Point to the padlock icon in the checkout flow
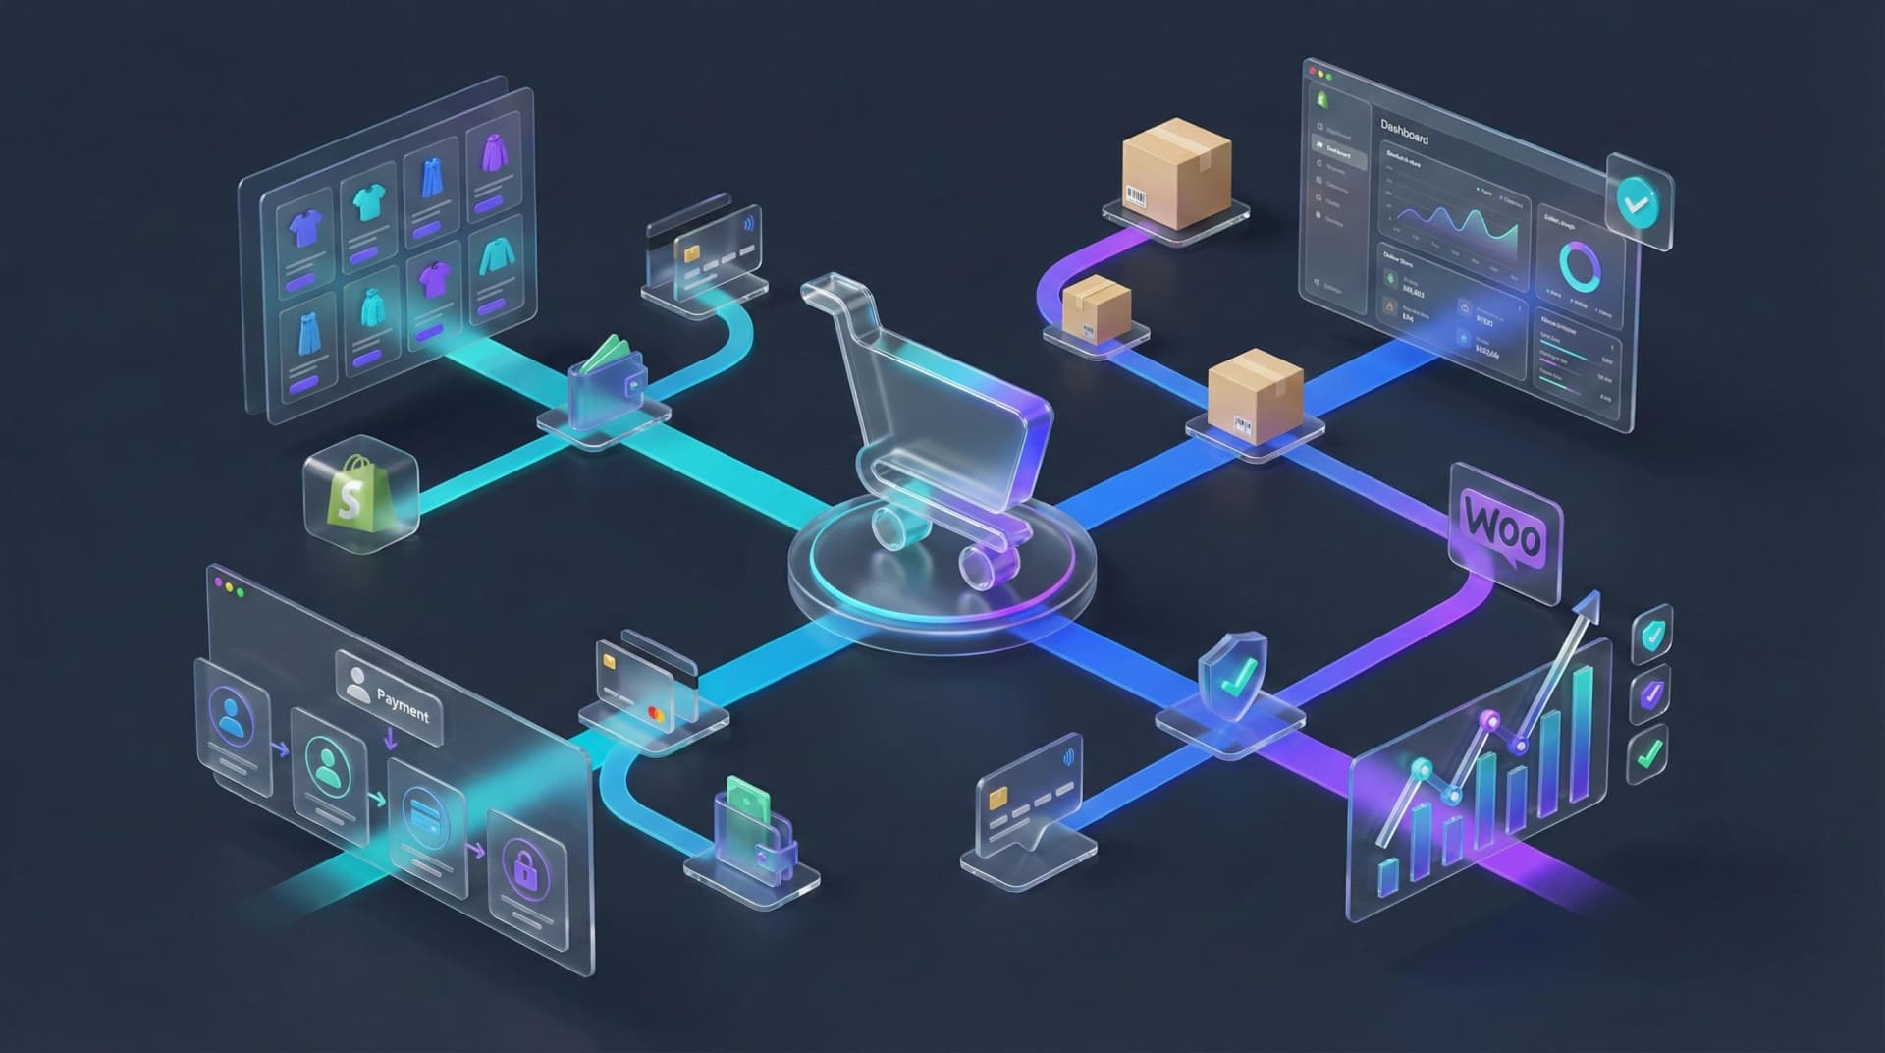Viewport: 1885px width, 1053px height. (x=522, y=864)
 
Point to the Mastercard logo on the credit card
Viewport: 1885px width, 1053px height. (x=656, y=714)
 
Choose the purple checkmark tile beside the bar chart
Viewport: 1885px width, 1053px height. (x=1650, y=694)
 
